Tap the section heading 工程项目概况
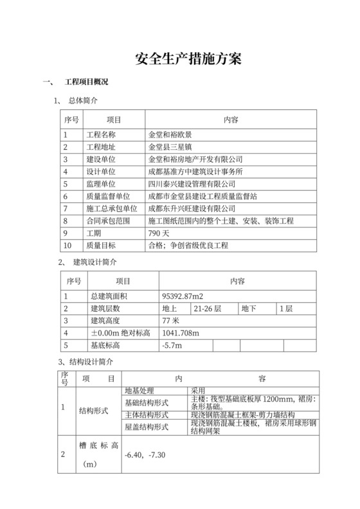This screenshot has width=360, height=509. pyautogui.click(x=87, y=83)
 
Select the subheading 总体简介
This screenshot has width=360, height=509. pyautogui.click(x=83, y=102)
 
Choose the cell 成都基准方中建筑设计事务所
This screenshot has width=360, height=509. pyautogui.click(x=195, y=172)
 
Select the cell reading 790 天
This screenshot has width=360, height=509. pyautogui.click(x=159, y=233)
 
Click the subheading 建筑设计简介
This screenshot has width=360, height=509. pyautogui.click(x=95, y=263)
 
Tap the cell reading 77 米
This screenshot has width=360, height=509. pyautogui.click(x=170, y=321)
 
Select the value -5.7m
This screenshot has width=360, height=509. pyautogui.click(x=172, y=346)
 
